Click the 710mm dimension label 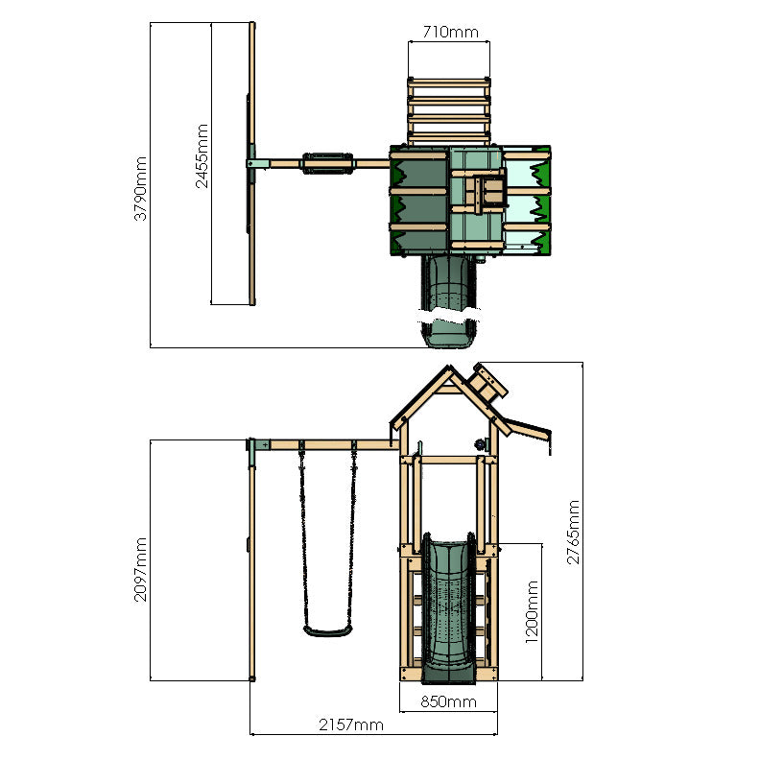point(449,32)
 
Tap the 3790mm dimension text point(140,189)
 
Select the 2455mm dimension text point(202,155)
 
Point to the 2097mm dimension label point(140,569)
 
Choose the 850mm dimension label point(449,701)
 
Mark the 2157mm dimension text point(350,725)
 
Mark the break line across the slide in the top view point(448,314)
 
